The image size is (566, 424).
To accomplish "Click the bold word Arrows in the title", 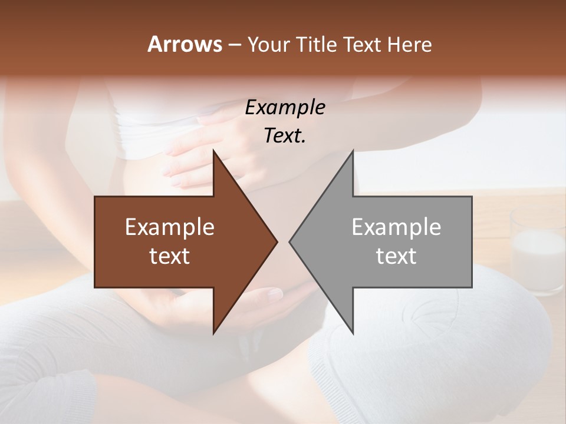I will [185, 44].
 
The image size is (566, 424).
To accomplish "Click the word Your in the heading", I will [268, 45].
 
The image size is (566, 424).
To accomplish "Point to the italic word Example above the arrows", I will [285, 107].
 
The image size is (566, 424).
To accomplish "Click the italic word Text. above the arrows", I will [285, 135].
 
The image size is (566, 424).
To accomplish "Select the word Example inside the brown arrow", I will [170, 227].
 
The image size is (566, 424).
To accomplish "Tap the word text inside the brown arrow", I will [170, 256].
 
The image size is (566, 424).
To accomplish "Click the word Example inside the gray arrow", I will [396, 227].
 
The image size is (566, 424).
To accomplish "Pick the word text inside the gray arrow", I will [396, 256].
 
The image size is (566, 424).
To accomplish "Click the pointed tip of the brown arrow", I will [277, 241].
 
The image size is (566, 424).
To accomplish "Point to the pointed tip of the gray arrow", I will [289, 241].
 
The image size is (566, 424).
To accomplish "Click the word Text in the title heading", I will [363, 45].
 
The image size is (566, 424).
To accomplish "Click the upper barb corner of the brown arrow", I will [213, 151].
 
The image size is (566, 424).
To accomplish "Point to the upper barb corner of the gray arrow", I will [353, 151].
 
